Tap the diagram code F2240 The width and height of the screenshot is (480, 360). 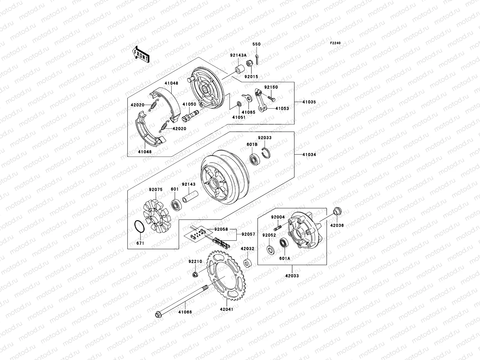pos(335,43)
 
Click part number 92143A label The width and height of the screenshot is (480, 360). pos(247,55)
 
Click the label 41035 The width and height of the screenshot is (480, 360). pos(309,102)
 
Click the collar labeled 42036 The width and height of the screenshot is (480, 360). pos(337,211)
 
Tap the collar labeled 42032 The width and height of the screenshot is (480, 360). pos(248,263)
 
